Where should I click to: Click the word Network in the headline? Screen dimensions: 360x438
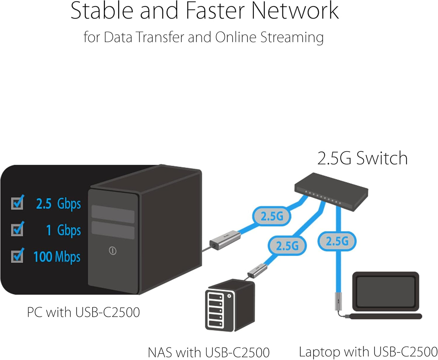click(x=295, y=11)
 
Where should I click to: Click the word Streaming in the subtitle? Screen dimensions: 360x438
click(x=292, y=38)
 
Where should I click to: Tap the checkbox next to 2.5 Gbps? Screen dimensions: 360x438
click(x=17, y=203)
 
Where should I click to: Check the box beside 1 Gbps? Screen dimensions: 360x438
click(x=17, y=229)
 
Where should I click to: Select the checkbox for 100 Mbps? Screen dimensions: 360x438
click(x=17, y=256)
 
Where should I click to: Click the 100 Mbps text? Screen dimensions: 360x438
click(x=57, y=257)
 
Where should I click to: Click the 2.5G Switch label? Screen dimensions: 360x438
click(x=362, y=158)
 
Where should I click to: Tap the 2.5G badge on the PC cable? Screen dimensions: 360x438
click(x=272, y=216)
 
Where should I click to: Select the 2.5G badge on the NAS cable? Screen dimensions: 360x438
click(x=287, y=246)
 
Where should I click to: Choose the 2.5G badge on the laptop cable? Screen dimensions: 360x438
click(x=337, y=241)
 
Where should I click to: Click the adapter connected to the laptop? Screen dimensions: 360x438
click(x=338, y=301)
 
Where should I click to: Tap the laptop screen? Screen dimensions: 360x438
click(x=386, y=291)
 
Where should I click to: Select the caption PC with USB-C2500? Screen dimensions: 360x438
click(x=83, y=312)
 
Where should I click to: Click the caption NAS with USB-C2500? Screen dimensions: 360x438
click(x=209, y=352)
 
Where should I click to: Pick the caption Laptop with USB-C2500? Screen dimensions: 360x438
click(x=368, y=352)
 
